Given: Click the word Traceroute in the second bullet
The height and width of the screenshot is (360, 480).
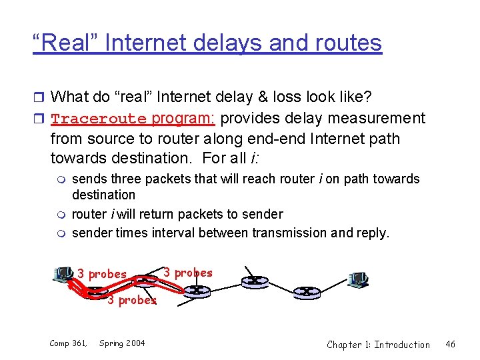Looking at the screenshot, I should point(98,119).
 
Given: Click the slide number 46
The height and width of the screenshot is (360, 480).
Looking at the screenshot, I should point(451,344).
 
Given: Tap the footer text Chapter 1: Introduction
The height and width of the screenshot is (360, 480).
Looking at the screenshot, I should point(378,344).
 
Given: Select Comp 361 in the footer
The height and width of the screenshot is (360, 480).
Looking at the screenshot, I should point(68,343).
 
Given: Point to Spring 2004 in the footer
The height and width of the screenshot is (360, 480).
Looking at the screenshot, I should point(122,343).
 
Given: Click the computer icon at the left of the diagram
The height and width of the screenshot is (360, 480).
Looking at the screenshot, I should point(63,274).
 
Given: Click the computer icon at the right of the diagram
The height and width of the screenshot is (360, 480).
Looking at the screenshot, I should point(358,279).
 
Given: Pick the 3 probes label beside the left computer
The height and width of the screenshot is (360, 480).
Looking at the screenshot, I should point(102,274).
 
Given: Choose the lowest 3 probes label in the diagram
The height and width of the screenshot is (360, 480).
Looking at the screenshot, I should point(132,300).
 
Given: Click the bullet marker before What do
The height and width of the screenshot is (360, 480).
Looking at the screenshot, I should point(39,97).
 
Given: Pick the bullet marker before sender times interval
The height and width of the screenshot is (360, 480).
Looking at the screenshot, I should point(61,233).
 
